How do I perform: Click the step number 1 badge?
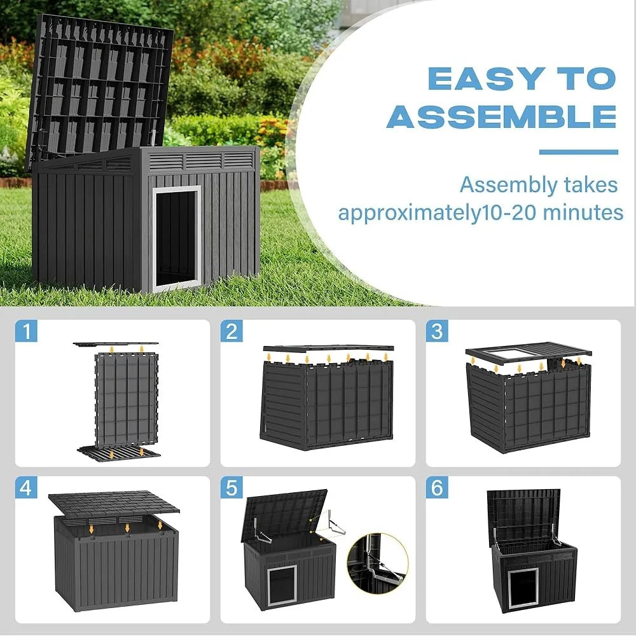pos(27,331)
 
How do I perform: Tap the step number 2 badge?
pos(232,331)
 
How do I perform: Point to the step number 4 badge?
pos(27,488)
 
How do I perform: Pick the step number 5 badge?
pos(232,488)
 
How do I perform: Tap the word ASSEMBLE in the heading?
pos(502,117)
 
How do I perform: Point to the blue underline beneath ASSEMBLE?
pos(578,152)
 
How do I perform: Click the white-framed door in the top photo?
pos(176,237)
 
